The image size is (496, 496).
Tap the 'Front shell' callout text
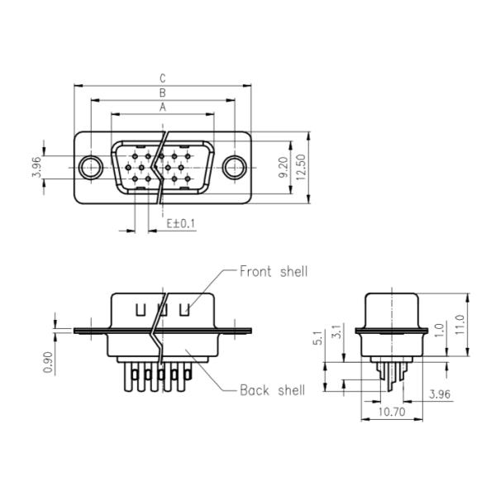click(x=273, y=271)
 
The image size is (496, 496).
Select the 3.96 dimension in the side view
click(x=440, y=394)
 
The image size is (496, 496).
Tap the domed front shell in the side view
click(x=391, y=309)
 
